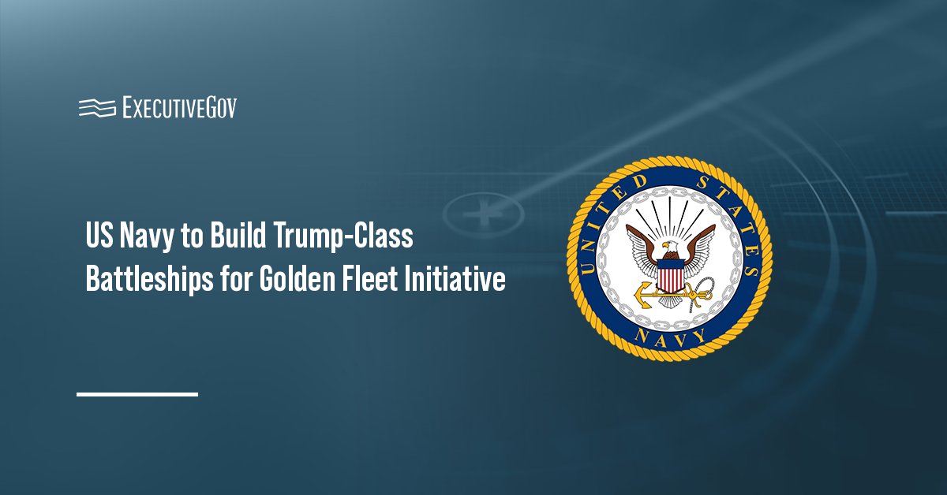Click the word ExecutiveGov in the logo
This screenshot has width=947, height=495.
click(x=179, y=107)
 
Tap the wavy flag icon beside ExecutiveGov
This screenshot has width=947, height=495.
click(x=97, y=108)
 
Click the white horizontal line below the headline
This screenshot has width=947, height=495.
click(x=137, y=393)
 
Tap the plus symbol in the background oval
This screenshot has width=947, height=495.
click(x=482, y=211)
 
